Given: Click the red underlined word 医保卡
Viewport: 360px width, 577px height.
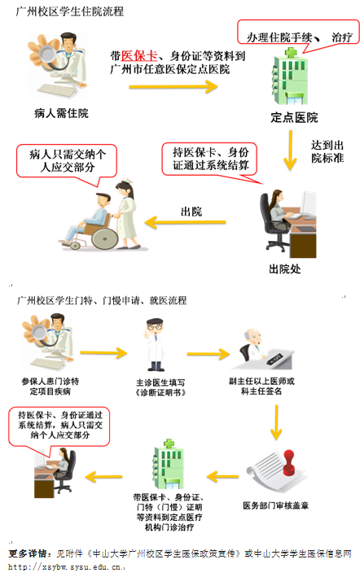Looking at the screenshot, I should click(x=136, y=55).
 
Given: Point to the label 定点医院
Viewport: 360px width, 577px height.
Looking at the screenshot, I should click(x=294, y=117).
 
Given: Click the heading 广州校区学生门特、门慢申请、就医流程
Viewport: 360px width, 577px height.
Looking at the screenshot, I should click(x=102, y=300).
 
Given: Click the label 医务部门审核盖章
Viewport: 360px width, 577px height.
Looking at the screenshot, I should click(x=275, y=505).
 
